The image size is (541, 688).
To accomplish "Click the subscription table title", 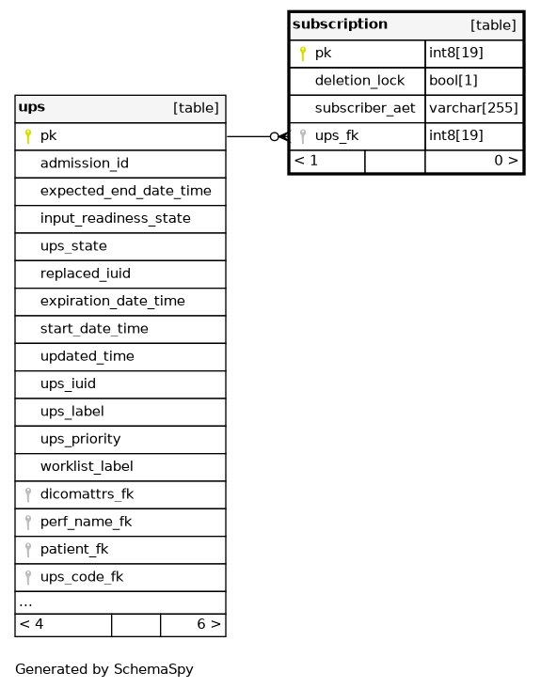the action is coord(340,24).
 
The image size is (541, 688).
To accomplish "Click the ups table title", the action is coord(32,107).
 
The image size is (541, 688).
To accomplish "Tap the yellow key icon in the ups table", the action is coord(28,136).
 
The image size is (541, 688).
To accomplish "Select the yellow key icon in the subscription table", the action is coord(303,54).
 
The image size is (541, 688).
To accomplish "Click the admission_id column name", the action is coord(85,164).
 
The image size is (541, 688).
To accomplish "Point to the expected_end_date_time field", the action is coord(125,191).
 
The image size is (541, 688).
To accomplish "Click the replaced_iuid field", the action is coord(86,274).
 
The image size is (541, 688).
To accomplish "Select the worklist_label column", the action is coord(87,466).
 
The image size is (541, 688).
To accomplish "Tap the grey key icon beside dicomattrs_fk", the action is coord(28,495).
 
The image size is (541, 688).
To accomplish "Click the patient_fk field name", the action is coord(74,549).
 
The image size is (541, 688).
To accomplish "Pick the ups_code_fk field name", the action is coord(82,577).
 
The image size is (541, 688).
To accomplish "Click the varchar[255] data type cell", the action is coord(473,108).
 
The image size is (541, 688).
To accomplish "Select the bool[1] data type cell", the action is coord(453,80).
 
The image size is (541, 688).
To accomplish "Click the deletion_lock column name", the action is coord(359,80).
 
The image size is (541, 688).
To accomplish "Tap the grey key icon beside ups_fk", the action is coord(303,136).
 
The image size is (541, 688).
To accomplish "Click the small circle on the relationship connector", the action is coord(275,136).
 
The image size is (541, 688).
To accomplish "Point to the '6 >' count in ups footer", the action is coord(209,624).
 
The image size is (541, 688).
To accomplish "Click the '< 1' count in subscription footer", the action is coord(306,161).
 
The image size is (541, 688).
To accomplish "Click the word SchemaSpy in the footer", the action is coord(153,669).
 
